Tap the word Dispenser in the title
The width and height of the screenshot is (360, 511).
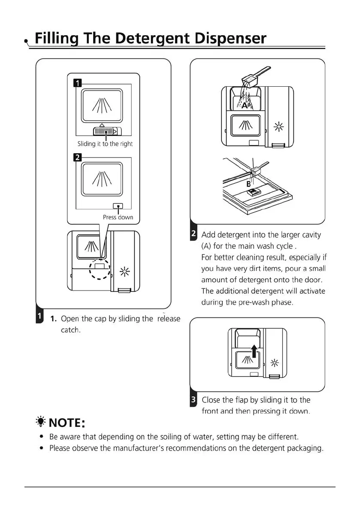point(231,39)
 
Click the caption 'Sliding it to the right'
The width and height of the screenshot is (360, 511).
point(105,144)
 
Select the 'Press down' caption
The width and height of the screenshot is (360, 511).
point(118,217)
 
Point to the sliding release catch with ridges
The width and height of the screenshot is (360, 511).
point(105,131)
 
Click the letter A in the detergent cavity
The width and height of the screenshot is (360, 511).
point(244,105)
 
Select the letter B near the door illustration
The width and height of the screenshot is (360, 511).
point(248,184)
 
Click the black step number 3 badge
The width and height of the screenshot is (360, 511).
point(194,400)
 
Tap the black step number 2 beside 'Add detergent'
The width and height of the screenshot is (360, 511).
point(194,234)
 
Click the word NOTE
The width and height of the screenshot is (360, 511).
point(65,423)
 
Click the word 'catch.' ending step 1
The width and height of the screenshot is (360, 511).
point(71,330)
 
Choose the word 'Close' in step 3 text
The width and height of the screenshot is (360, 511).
point(212,400)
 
